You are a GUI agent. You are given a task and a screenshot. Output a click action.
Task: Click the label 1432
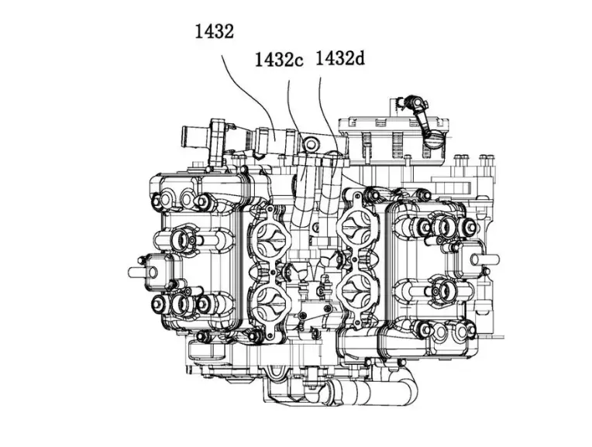(214, 31)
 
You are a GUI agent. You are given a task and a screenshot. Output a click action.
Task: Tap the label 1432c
(279, 60)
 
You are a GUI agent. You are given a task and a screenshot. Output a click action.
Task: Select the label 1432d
(340, 58)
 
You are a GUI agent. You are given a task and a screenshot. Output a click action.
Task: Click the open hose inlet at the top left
(188, 135)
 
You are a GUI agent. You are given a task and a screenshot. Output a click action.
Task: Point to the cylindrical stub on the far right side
(487, 260)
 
